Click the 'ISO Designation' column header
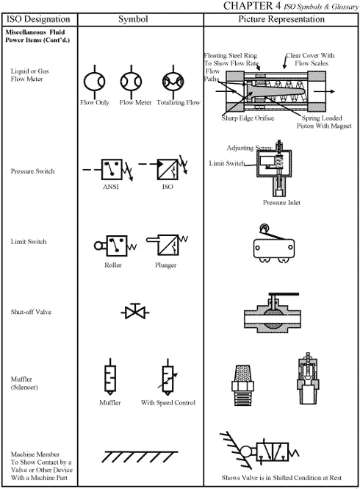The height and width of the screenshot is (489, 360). click(x=37, y=18)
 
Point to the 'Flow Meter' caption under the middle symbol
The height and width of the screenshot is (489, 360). click(x=135, y=103)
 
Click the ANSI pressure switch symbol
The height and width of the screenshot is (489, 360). click(x=112, y=168)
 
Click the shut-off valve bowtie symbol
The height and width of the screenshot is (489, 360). click(x=136, y=313)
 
